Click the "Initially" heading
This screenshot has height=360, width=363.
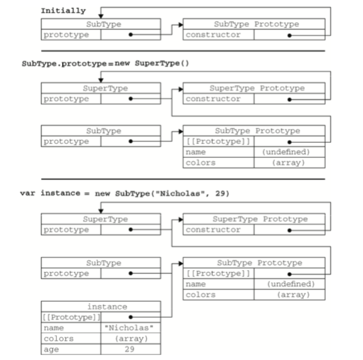coord(63,11)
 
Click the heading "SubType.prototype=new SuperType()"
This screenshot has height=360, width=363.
coord(105,63)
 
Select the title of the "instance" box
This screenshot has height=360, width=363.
coord(107,307)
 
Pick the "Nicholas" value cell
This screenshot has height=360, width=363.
coord(130,328)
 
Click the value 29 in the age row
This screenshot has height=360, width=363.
coord(130,349)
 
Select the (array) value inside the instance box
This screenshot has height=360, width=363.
coord(130,338)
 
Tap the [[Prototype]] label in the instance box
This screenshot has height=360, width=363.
coord(71,317)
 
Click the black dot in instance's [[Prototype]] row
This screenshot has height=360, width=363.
coord(130,317)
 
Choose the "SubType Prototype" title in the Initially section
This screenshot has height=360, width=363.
coord(256,24)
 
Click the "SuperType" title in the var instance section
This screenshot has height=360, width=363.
coord(106,219)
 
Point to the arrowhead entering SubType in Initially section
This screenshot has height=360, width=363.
coord(101,16)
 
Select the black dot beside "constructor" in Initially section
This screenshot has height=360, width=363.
coord(289,34)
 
